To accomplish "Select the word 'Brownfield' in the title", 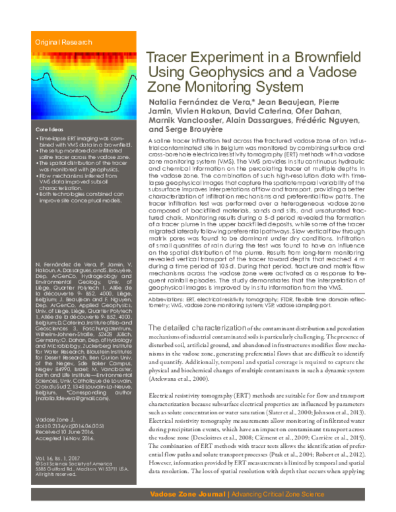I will [x=333, y=59].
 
